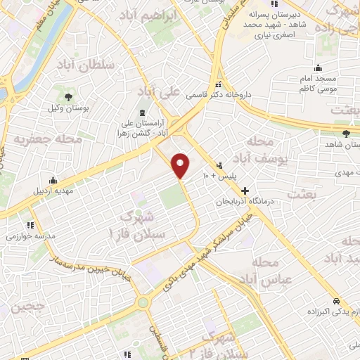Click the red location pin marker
tap(181, 165)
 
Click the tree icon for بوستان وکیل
tap(68, 97)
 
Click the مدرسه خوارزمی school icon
tap(30, 225)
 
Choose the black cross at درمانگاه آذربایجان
tap(245, 191)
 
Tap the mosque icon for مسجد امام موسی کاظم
tap(319, 68)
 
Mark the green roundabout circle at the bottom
tap(143, 302)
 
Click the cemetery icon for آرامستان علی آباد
tap(143, 112)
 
